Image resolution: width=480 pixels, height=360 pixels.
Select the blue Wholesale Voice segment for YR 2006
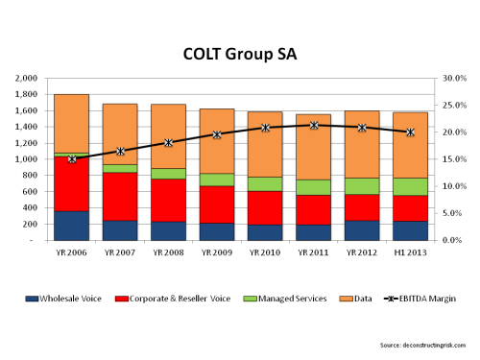click(71, 225)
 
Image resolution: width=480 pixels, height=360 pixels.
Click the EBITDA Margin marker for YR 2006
click(71, 158)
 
